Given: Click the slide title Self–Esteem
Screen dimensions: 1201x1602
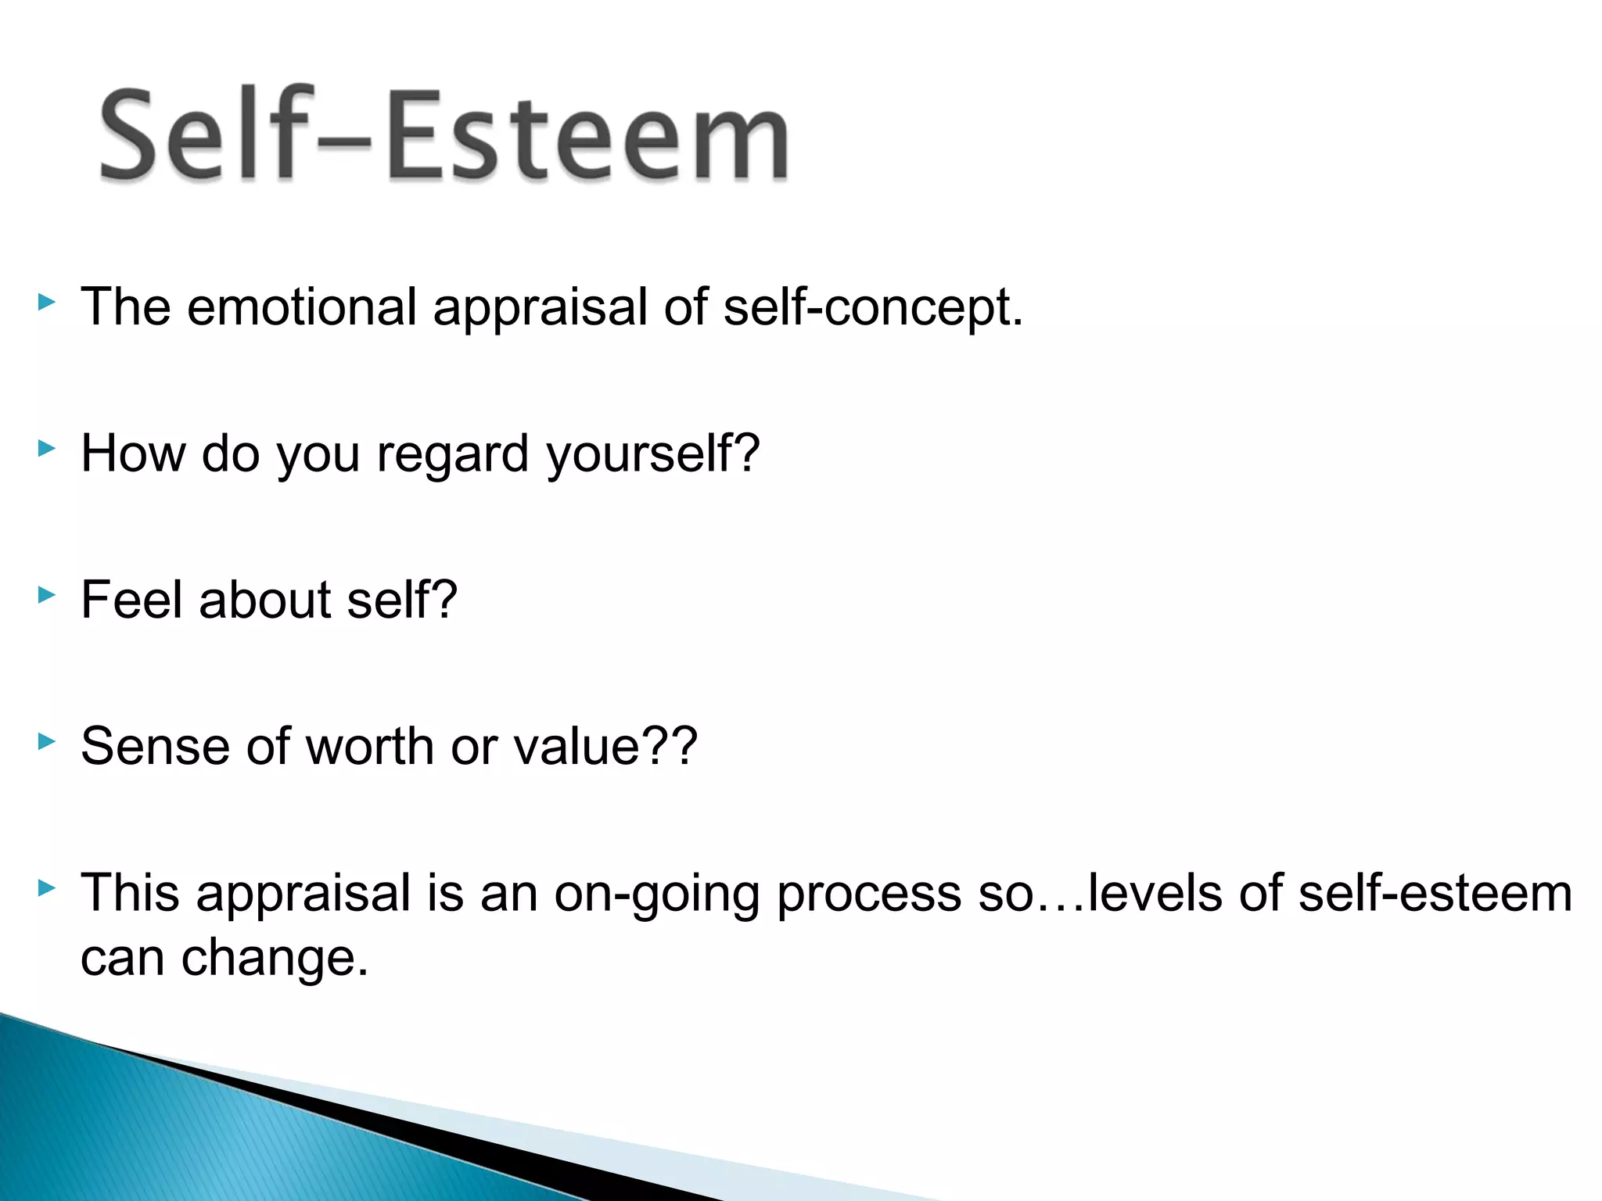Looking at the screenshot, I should (x=444, y=135).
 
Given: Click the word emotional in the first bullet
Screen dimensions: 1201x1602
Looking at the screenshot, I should (x=301, y=307).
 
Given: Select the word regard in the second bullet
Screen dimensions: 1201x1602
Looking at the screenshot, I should (x=452, y=454).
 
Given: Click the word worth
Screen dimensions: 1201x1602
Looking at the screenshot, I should (x=369, y=746).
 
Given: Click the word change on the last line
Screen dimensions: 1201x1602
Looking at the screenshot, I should (x=274, y=958).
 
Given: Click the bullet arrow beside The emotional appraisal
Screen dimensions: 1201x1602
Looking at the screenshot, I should (x=47, y=302).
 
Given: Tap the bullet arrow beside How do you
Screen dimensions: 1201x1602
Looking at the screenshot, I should (x=47, y=448).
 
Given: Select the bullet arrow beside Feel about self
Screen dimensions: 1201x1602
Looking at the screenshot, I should (x=47, y=595).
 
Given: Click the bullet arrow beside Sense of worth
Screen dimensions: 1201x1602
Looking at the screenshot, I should (x=47, y=741).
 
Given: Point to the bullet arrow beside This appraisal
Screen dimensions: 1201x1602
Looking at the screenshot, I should (x=47, y=887).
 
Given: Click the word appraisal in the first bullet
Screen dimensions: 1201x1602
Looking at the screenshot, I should (x=541, y=307).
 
